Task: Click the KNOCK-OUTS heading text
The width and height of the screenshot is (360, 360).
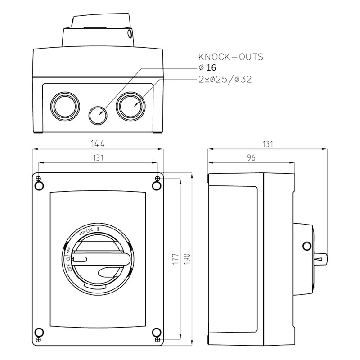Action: pos(230,57)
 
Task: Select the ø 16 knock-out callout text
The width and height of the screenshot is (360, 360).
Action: pos(207,68)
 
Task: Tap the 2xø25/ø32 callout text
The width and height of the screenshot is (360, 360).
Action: pos(225,80)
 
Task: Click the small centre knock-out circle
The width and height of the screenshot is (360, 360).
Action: pos(98,115)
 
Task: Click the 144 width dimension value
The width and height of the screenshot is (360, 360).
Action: pos(98,144)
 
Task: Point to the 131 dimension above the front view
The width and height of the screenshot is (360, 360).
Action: pos(98,157)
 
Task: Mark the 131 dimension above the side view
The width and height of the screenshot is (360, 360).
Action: pos(268,144)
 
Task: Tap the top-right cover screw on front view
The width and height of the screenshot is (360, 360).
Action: pos(157,185)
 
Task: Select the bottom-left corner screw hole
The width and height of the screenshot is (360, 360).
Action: pos(39,333)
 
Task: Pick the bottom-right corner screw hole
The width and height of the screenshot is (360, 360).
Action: pos(157,333)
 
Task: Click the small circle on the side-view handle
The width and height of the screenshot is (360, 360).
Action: pos(307,246)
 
